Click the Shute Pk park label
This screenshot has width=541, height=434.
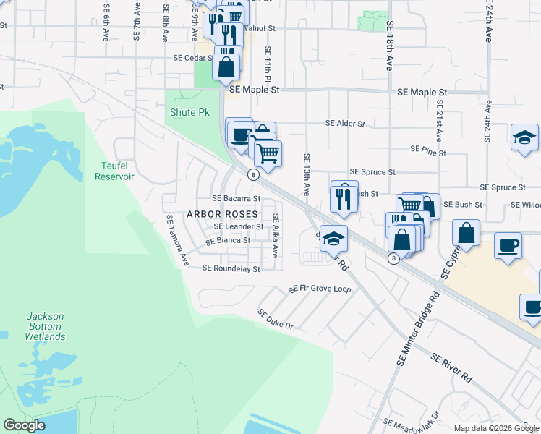(189, 113)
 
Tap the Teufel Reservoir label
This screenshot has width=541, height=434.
(104, 171)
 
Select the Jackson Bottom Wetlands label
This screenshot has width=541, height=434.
(46, 326)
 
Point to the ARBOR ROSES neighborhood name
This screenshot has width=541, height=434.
(222, 214)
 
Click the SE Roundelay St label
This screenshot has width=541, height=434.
(231, 268)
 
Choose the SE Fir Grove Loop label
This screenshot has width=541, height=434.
(320, 289)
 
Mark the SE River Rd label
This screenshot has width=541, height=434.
(451, 368)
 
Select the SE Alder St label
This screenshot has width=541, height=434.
(345, 124)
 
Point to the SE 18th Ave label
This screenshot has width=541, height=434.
(389, 46)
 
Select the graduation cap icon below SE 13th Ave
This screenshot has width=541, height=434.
(333, 238)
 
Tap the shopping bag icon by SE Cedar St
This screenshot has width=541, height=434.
(226, 67)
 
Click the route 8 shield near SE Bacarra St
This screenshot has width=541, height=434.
(252, 174)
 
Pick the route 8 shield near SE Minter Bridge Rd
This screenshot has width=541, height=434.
(393, 258)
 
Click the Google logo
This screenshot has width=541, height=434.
(24, 425)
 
